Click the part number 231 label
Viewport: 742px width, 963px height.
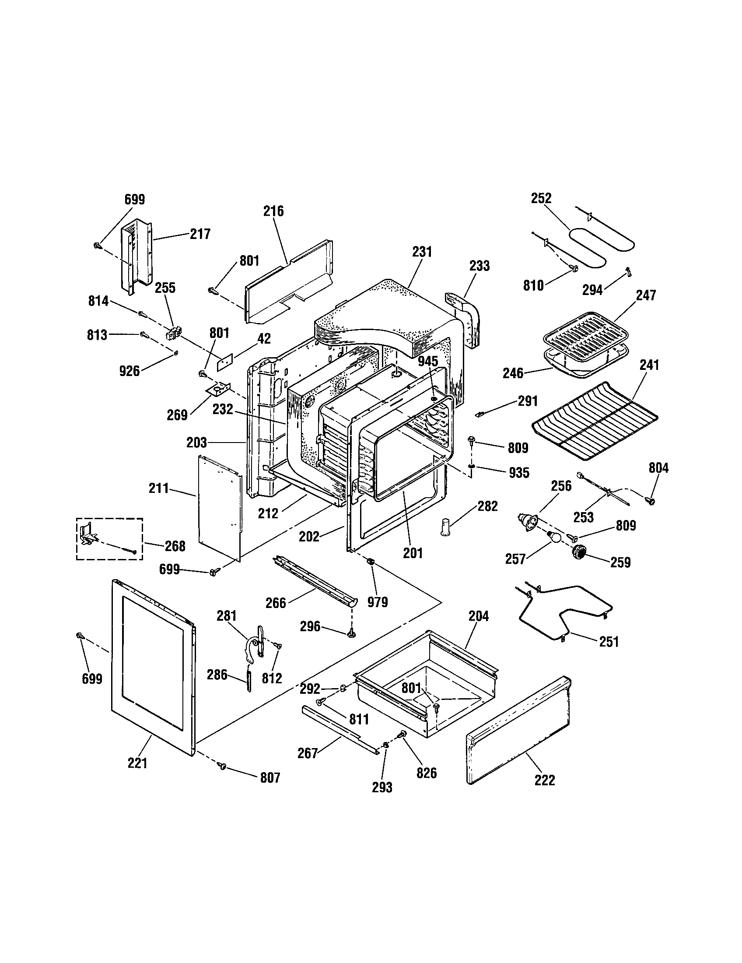422,252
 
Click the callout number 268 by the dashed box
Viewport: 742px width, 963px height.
175,546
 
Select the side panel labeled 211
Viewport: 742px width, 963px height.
220,507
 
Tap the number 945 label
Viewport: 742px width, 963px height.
427,361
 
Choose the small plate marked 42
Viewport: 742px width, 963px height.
224,362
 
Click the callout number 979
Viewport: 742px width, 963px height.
378,602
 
